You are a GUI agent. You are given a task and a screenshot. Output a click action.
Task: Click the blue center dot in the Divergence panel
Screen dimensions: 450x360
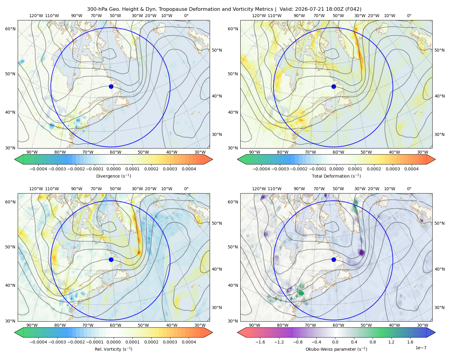point(111,87)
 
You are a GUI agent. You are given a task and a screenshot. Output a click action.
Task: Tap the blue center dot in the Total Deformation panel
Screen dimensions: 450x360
point(334,87)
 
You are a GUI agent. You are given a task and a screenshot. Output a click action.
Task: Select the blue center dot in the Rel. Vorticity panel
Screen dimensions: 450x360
point(111,259)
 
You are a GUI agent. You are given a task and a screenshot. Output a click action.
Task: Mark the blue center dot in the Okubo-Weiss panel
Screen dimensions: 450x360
point(334,259)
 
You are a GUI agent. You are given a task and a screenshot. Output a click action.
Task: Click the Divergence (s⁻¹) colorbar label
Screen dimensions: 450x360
point(113,176)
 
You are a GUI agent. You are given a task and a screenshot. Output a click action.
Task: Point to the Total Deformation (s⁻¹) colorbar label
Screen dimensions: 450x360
point(336,176)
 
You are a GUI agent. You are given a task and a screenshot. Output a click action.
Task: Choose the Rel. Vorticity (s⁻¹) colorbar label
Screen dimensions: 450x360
point(113,349)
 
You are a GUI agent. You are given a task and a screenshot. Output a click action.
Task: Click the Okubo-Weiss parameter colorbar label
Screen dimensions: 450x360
point(336,349)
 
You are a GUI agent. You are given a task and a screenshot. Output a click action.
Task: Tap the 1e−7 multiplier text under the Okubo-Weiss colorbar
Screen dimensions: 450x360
point(421,348)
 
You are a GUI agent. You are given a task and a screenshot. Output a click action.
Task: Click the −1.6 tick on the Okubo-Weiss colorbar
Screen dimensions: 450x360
point(260,342)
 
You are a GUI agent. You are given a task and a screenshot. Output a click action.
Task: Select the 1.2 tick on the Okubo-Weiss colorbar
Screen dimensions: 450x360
point(391,342)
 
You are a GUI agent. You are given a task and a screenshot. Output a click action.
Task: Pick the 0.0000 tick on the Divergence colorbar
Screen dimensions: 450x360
point(113,169)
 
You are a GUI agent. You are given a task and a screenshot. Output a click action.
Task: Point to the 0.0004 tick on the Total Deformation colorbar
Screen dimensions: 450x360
point(411,169)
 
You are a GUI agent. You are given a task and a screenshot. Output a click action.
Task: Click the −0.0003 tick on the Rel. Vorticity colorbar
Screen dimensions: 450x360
point(57,342)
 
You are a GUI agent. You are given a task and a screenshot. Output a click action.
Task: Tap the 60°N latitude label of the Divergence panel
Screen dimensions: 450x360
point(10,29)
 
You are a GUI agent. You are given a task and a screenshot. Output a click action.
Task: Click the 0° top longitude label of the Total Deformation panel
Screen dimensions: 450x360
point(409,16)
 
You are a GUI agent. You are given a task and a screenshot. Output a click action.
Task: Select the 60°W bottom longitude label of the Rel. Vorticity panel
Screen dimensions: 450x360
point(115,325)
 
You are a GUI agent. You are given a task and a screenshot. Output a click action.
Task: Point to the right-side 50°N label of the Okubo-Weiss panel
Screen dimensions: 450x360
point(439,223)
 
